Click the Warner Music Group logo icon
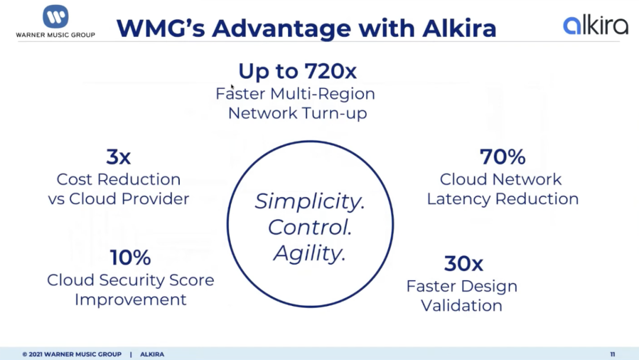(56, 17)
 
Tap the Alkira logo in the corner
(595, 25)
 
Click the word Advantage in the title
(281, 28)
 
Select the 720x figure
(331, 71)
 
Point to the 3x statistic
(118, 156)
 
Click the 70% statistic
(502, 156)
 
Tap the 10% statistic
(130, 257)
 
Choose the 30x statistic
(463, 263)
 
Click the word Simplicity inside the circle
(309, 201)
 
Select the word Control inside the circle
(309, 227)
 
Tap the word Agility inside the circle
(309, 253)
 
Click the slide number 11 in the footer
(612, 354)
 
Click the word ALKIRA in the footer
(152, 354)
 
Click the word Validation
(461, 306)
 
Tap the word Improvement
(130, 300)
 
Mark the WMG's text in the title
(160, 28)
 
